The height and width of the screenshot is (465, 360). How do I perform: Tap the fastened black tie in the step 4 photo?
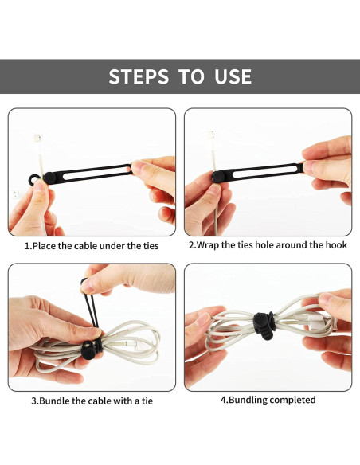click(261, 324)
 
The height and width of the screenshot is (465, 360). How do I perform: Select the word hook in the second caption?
click(335, 245)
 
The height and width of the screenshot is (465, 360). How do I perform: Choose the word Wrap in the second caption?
click(209, 245)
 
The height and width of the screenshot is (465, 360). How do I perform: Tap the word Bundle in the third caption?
click(56, 401)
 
